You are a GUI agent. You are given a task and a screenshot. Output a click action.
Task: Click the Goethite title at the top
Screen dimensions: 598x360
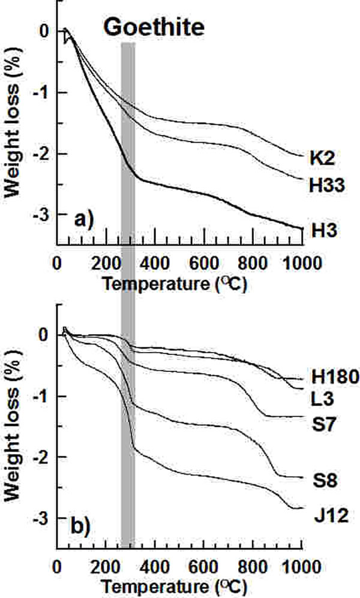pos(154,28)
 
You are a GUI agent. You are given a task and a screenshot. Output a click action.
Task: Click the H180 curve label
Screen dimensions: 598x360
pos(335,377)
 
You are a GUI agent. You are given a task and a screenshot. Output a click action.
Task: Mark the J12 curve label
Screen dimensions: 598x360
pos(329,514)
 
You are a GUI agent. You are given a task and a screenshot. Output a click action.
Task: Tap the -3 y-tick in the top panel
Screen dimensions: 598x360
pos(42,215)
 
